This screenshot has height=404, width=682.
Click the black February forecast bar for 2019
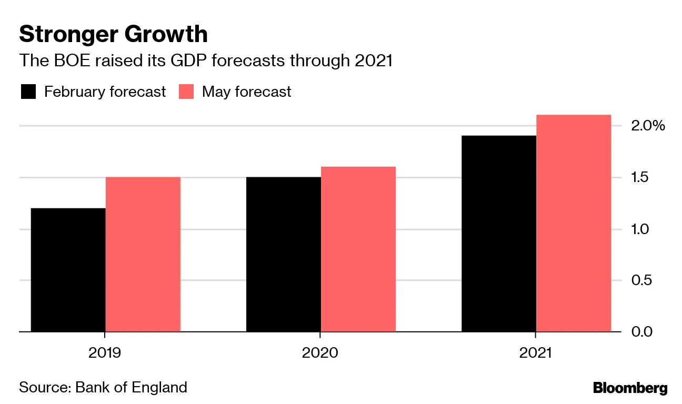68,270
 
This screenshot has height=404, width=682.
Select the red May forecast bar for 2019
143,254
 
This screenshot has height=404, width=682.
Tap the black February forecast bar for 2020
284,254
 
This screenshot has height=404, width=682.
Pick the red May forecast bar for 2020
358,249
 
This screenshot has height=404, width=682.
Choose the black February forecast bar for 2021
499,234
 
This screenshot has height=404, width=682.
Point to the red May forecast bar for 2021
574,223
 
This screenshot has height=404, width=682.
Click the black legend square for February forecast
28,92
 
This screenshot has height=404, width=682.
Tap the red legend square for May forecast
186,92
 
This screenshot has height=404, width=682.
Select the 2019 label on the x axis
105,352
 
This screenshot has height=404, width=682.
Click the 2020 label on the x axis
320,352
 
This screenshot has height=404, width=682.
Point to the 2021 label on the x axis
535,352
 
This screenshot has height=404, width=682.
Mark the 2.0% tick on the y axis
647,126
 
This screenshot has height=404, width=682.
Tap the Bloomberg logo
630,388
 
